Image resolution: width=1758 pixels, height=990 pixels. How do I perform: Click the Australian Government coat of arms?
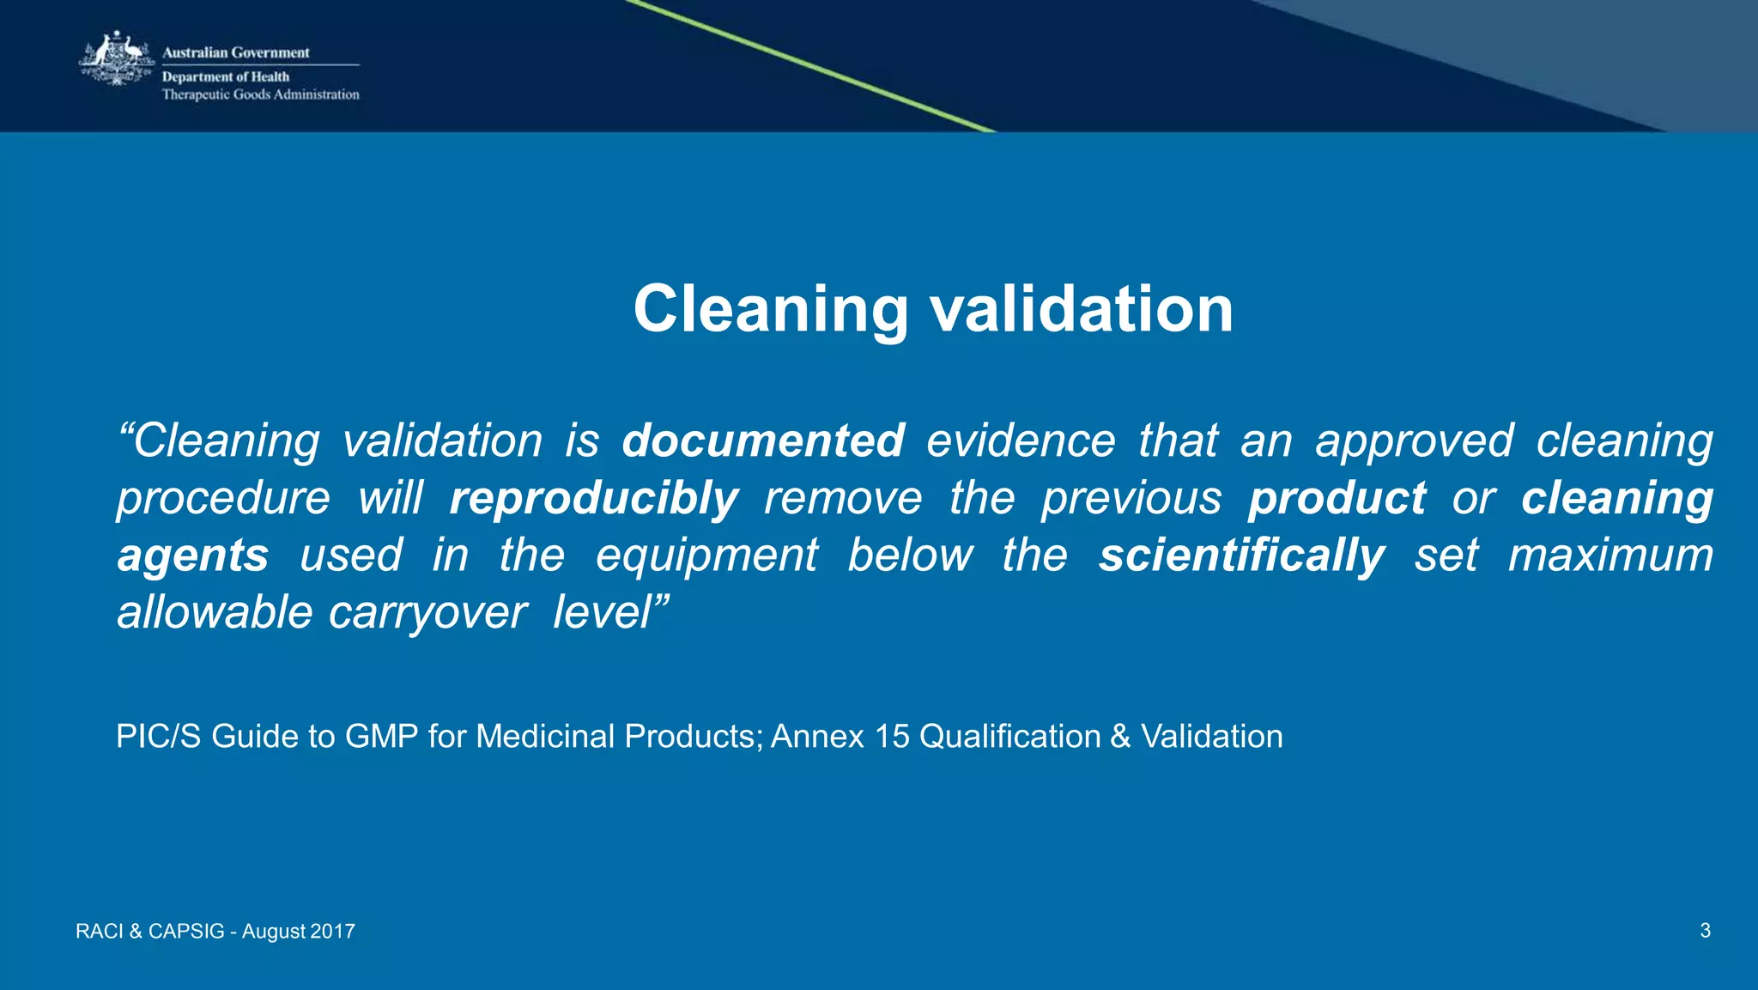pyautogui.click(x=116, y=58)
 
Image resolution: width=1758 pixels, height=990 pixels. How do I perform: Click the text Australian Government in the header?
pyautogui.click(x=235, y=52)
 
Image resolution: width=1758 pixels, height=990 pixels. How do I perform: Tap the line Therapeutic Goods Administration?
pyautogui.click(x=260, y=94)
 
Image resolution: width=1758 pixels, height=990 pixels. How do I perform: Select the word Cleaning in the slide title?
pyautogui.click(x=770, y=309)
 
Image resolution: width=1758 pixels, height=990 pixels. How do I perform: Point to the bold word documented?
pyautogui.click(x=762, y=440)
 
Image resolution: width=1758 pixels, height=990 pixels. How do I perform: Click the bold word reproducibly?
pyautogui.click(x=593, y=499)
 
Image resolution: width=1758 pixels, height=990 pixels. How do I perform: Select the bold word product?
pyautogui.click(x=1337, y=499)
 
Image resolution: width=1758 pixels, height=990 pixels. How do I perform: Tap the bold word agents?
pyautogui.click(x=193, y=556)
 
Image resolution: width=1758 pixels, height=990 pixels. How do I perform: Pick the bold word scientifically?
pyautogui.click(x=1241, y=556)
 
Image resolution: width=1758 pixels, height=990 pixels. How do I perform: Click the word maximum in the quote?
pyautogui.click(x=1610, y=556)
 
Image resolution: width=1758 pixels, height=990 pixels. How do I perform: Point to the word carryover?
pyautogui.click(x=427, y=613)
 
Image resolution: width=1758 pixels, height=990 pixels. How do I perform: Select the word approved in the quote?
pyautogui.click(x=1414, y=442)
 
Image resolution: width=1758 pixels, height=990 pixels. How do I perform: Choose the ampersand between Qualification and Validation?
pyautogui.click(x=1120, y=737)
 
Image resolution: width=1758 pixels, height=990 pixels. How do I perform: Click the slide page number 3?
pyautogui.click(x=1705, y=931)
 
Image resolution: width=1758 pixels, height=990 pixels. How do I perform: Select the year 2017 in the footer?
pyautogui.click(x=332, y=932)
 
